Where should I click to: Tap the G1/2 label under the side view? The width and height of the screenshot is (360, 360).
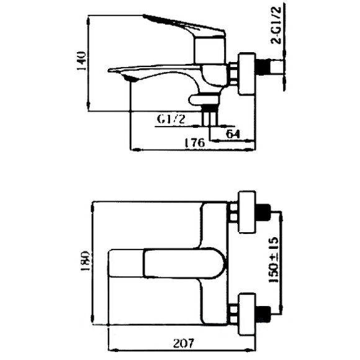(x=171, y=120)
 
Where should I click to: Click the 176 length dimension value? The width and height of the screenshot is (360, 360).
(x=194, y=142)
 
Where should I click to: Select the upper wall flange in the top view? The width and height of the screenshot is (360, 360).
(x=246, y=213)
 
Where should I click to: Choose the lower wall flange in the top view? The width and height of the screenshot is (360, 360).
(x=246, y=310)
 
